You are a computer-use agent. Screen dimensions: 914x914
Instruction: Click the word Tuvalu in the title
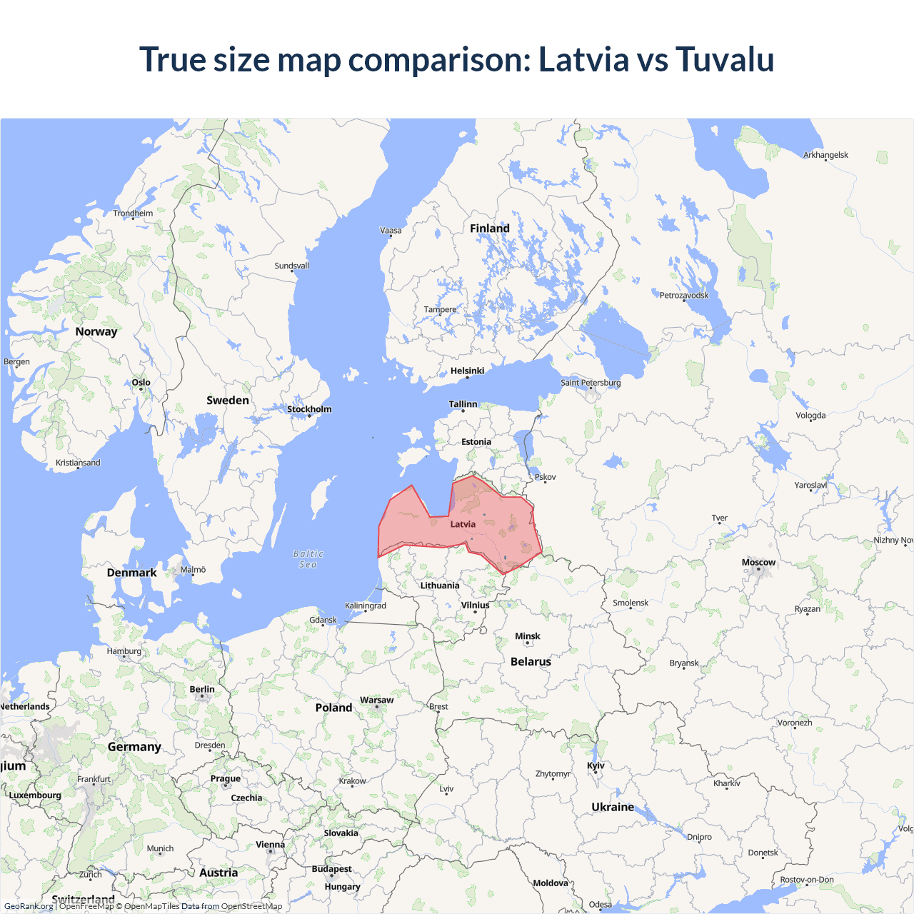point(725,59)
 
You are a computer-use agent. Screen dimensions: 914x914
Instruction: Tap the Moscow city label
point(758,563)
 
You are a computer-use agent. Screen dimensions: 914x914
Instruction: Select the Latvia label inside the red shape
point(463,524)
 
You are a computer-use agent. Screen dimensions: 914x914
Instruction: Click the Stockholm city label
point(309,409)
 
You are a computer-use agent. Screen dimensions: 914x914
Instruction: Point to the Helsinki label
point(467,371)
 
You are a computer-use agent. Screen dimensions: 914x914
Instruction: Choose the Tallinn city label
point(463,404)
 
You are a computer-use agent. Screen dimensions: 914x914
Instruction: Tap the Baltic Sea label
point(308,559)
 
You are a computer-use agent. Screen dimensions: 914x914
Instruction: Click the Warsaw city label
point(376,700)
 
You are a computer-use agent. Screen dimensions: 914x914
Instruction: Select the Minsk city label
point(528,636)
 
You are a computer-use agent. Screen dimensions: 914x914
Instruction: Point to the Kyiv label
point(596,765)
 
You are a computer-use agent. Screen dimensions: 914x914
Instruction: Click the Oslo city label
point(141,382)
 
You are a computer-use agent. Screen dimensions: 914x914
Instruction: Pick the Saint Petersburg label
point(591,383)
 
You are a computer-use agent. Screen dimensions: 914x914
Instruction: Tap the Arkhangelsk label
point(825,155)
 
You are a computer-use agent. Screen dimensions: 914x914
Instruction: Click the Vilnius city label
point(475,605)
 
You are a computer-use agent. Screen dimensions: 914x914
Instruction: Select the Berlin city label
point(202,689)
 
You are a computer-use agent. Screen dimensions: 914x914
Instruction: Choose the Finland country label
point(490,228)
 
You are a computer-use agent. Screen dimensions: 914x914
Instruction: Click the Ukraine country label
point(613,807)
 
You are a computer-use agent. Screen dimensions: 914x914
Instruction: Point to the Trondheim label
point(133,214)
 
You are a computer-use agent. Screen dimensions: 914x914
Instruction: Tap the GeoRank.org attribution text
point(29,906)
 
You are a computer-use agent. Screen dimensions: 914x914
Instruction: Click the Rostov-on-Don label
point(807,880)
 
